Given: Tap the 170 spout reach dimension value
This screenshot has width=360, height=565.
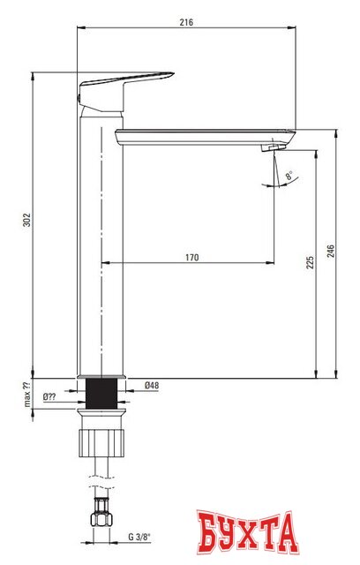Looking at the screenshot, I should [191, 257].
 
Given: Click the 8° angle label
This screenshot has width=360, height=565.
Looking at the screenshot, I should [289, 177].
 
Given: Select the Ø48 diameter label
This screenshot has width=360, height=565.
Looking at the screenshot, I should [151, 386].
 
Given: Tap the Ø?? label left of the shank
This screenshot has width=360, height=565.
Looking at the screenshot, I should [53, 396].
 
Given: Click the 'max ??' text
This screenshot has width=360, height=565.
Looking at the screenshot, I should [26, 396].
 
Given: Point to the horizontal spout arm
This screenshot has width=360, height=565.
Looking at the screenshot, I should [203, 137].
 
